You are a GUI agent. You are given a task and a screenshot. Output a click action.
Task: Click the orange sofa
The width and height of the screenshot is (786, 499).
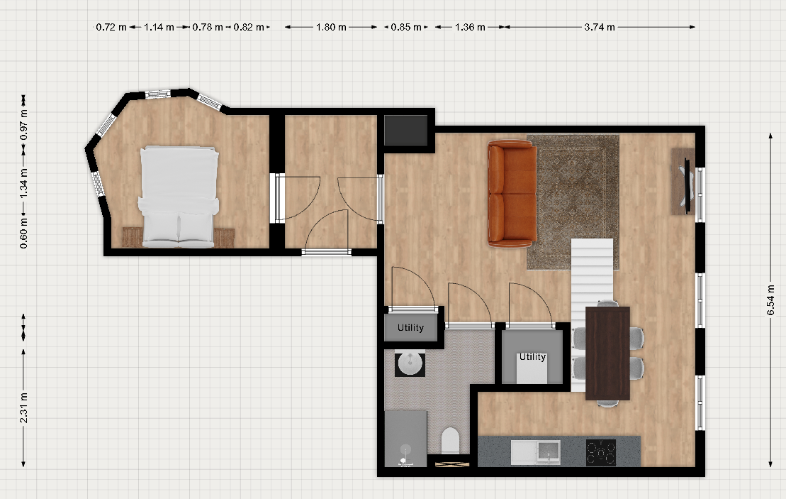tap(512, 194)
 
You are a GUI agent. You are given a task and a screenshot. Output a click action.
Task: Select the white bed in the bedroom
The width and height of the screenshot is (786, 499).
tap(179, 197)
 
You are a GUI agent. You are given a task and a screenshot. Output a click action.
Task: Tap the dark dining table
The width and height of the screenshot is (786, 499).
tap(607, 353)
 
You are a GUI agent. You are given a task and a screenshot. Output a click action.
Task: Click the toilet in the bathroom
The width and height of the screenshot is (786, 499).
tap(450, 440)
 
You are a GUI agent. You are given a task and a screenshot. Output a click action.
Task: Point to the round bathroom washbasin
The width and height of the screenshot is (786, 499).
tap(410, 363)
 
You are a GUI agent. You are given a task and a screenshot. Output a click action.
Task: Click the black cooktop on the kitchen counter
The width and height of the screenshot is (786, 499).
tap(600, 452)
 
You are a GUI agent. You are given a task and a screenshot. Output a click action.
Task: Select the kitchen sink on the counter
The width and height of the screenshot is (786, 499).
tap(536, 452)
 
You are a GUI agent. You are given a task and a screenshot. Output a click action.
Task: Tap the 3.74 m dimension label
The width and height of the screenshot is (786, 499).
tap(600, 27)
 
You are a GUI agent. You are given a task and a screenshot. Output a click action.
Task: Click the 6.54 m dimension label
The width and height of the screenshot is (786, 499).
tap(771, 300)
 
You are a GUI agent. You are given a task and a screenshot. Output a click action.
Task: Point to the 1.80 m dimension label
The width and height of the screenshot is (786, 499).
tap(331, 27)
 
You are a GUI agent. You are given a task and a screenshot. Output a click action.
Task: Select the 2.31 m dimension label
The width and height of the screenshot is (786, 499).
tap(23, 408)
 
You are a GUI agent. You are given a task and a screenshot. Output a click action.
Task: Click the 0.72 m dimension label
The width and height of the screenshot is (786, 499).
tap(111, 27)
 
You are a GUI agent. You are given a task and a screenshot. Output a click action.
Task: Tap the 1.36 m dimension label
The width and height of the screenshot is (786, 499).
tap(470, 27)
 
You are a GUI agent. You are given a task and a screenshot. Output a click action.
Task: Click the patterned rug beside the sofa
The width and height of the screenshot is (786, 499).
tap(573, 202)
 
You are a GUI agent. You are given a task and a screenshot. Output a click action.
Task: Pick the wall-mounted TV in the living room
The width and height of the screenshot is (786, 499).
tap(685, 182)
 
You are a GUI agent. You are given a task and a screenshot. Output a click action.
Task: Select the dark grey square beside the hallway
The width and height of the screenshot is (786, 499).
tap(405, 130)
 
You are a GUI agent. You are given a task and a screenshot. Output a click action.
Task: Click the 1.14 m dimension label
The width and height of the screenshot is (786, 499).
tap(159, 27)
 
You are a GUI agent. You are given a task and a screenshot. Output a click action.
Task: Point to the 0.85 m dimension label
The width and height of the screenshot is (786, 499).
tap(406, 27)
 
